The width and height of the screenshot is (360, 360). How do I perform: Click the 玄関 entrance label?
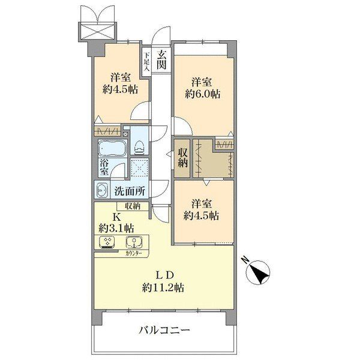click(x=161, y=59)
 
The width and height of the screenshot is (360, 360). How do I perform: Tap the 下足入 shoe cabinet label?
click(x=146, y=61)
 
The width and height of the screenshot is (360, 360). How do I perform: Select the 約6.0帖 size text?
click(x=203, y=94)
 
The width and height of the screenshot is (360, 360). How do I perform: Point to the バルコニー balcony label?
click(x=164, y=331)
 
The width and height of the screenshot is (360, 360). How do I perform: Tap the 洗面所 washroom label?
click(x=130, y=191)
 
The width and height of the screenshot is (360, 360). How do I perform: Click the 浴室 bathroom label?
click(x=104, y=167)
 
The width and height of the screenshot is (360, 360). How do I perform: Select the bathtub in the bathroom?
click(x=113, y=148)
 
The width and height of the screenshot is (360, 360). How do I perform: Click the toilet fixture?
click(x=139, y=148)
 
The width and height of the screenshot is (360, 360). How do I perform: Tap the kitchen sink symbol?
click(x=134, y=243)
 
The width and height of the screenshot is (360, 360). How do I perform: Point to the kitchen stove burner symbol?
click(x=107, y=242)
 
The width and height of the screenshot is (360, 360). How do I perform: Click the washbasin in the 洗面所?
click(x=102, y=190)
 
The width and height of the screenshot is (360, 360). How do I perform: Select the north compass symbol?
click(x=258, y=272)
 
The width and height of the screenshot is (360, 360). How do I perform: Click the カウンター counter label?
click(x=134, y=253)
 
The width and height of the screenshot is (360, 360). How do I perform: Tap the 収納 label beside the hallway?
click(x=182, y=158)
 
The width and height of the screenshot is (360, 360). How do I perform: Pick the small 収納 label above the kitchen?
click(x=133, y=206)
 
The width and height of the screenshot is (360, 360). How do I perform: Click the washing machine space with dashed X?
click(x=139, y=168)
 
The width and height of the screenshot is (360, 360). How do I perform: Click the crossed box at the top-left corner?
click(x=97, y=31)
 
